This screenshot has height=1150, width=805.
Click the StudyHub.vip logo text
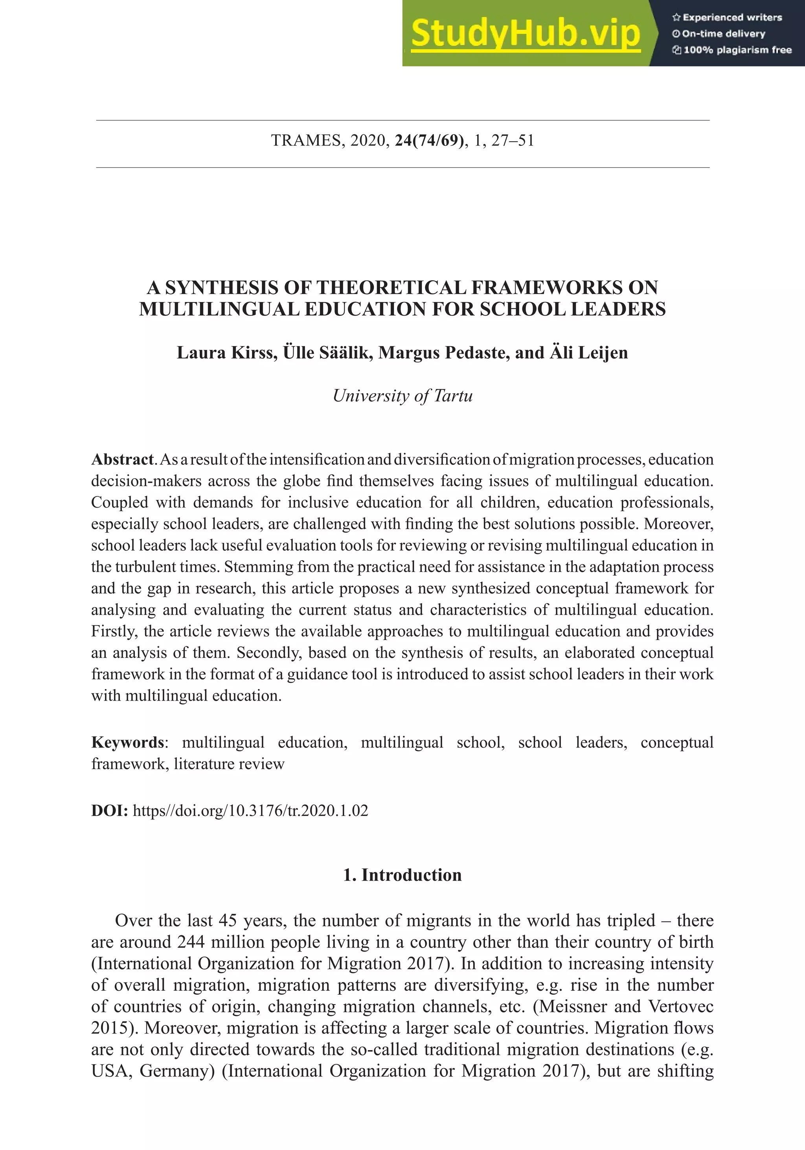tap(526, 33)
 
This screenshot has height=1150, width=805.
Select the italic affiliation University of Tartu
tap(402, 396)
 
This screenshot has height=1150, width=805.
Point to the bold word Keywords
tap(127, 742)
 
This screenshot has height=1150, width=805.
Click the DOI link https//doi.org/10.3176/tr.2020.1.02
tap(250, 810)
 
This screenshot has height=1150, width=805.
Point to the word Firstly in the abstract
tap(114, 631)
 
